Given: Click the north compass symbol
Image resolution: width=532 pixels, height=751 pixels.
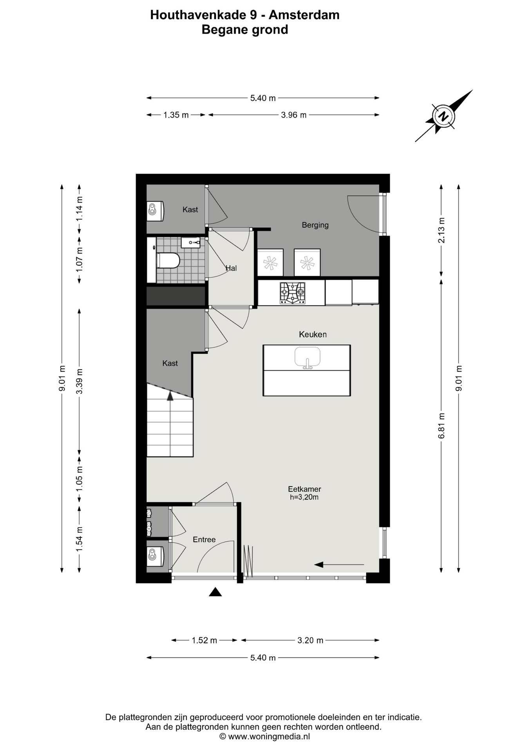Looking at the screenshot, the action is click(444, 116).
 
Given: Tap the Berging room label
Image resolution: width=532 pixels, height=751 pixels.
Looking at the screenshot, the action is click(315, 225).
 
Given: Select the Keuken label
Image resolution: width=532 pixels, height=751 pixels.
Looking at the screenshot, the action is click(313, 334).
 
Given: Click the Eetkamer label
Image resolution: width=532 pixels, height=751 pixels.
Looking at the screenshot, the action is click(304, 489).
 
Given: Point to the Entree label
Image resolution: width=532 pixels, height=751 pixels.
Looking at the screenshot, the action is click(204, 540).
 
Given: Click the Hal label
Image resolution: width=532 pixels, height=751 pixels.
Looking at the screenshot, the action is click(231, 268).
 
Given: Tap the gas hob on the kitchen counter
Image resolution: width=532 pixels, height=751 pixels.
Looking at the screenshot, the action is click(292, 293).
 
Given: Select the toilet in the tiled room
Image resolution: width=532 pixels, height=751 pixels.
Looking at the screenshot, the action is click(168, 261).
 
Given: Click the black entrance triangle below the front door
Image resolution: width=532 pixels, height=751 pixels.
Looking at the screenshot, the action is click(215, 592).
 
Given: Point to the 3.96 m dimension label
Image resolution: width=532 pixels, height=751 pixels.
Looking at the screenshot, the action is click(294, 115).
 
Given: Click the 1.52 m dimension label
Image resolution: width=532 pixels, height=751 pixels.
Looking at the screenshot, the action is click(204, 640).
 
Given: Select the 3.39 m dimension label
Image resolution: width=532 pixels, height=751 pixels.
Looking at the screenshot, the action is click(80, 381).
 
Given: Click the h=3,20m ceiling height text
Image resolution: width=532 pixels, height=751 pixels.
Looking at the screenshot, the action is click(304, 498).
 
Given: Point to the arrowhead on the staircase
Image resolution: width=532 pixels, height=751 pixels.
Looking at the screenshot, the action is click(170, 396).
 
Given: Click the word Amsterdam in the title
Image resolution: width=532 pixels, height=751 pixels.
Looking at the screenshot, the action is click(304, 15).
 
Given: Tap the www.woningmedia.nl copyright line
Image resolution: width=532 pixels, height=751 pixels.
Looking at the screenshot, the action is click(265, 737).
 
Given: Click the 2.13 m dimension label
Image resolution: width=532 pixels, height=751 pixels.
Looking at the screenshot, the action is click(442, 230).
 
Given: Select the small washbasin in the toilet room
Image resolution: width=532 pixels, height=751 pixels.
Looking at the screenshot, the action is click(191, 243).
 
